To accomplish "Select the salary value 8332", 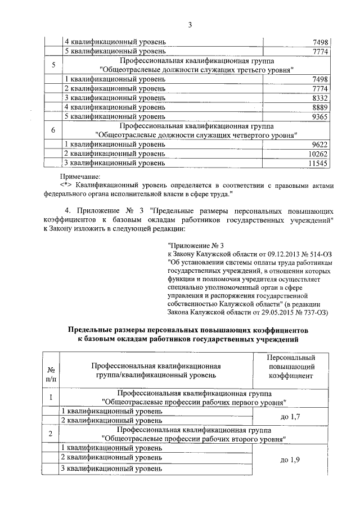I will [318, 98].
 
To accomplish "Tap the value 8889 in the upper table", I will [318, 107].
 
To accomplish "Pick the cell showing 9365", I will [318, 116].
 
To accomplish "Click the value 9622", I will [318, 144].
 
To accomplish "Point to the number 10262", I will [317, 154].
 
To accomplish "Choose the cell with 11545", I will [317, 163].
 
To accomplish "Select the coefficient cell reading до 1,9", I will [291, 460].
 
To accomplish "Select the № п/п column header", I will [51, 374].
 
